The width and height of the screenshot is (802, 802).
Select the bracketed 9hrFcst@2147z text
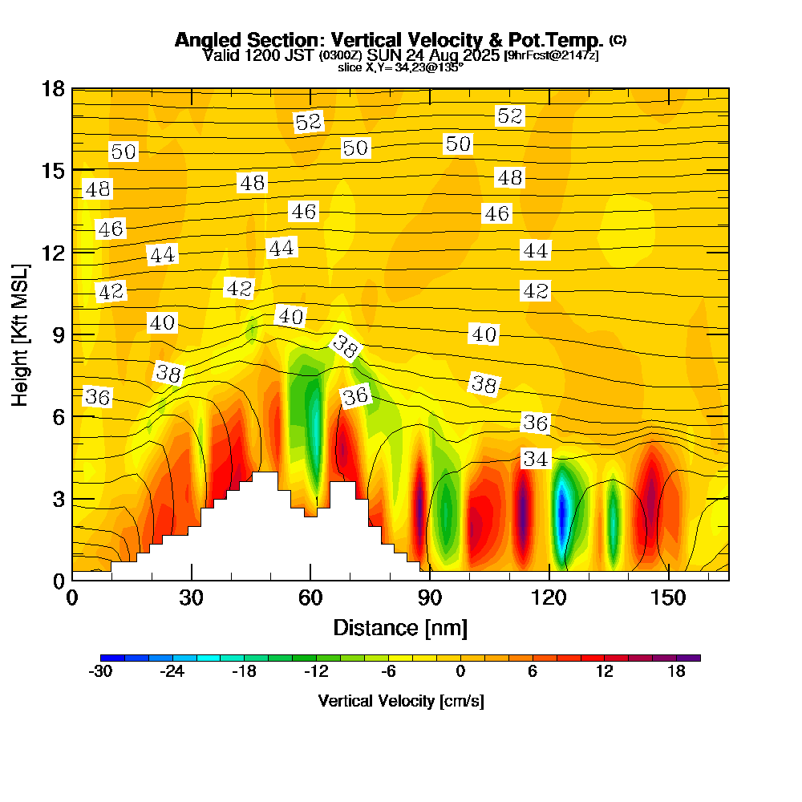pos(550,55)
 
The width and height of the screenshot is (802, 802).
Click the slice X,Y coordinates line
pos(400,67)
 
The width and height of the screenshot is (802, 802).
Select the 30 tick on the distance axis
pos(191,598)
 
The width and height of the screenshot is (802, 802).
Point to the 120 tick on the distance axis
pos(549,598)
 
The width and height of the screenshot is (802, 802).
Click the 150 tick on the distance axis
pos(668,598)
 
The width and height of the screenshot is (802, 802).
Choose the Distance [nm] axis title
pos(400,627)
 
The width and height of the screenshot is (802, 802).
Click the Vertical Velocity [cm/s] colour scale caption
pos(400,701)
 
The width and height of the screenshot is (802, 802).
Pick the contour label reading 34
pos(536,459)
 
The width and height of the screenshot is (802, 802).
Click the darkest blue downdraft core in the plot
pos(563,509)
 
